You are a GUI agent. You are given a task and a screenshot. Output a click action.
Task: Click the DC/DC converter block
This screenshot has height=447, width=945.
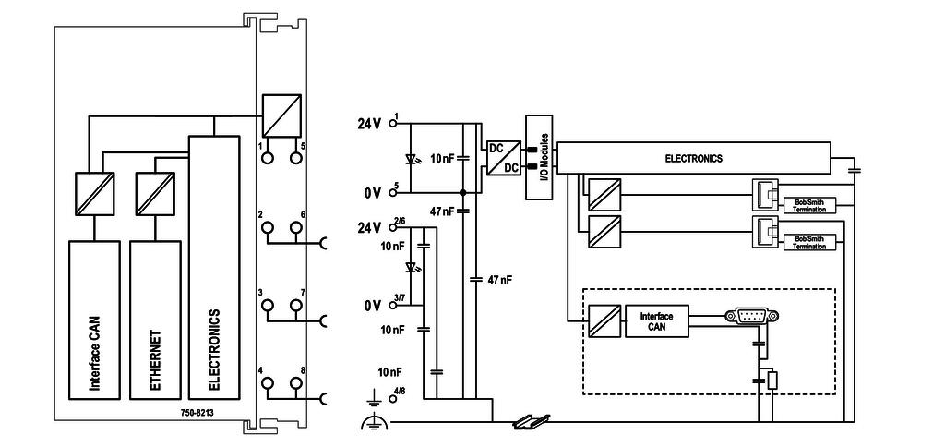click(x=502, y=158)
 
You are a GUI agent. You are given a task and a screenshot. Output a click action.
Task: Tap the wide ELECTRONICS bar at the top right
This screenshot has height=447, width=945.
click(x=694, y=158)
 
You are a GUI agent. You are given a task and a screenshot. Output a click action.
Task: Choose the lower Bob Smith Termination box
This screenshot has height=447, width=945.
click(x=808, y=243)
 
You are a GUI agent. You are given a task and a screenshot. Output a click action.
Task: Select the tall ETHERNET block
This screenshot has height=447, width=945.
click(x=154, y=320)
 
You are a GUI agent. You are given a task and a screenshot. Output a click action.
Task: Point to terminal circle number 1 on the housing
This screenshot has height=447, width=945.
click(x=268, y=158)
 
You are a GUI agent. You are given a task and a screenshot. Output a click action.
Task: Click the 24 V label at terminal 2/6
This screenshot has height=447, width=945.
click(x=369, y=227)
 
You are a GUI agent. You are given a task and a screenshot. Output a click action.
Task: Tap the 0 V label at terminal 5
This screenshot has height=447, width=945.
click(x=373, y=193)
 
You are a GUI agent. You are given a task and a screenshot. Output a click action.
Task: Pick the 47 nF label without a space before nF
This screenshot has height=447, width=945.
click(x=442, y=211)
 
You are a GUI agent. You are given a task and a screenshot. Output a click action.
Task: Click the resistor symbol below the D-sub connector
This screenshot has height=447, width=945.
click(x=772, y=380)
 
